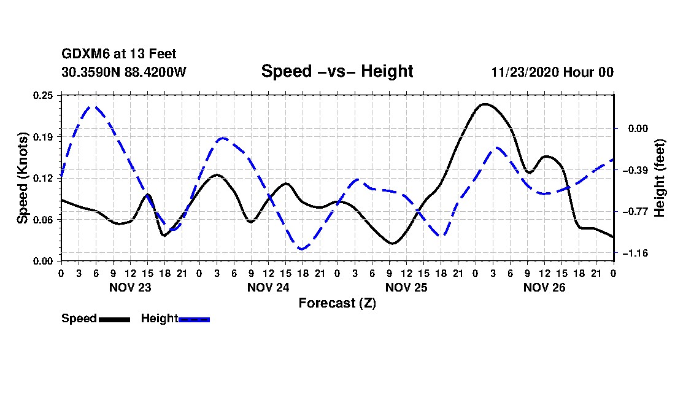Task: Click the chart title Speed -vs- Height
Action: (337, 71)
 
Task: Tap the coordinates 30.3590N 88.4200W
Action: (123, 72)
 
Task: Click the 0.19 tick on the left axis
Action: (44, 136)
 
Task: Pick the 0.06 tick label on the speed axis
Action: (44, 220)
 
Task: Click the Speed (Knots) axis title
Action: (22, 177)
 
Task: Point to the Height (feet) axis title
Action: (660, 178)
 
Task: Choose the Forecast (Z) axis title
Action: (337, 303)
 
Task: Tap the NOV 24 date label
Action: (268, 287)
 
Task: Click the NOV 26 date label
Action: (545, 287)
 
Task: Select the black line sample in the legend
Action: (114, 319)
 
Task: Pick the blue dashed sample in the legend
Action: (194, 319)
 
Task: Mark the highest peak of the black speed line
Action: (485, 104)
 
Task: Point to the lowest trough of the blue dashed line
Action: (302, 249)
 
